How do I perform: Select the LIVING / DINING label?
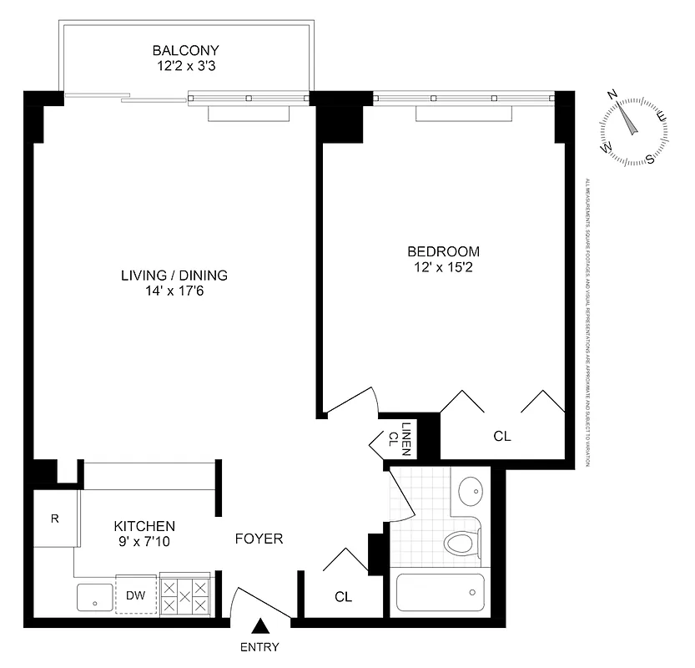pyautogui.click(x=174, y=276)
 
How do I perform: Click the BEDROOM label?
pyautogui.click(x=443, y=251)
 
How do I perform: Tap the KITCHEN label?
pyautogui.click(x=144, y=526)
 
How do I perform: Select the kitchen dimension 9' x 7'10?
pyautogui.click(x=144, y=541)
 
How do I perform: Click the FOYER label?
pyautogui.click(x=259, y=539)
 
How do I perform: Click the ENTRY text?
pyautogui.click(x=259, y=647)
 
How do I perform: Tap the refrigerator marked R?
pyautogui.click(x=55, y=519)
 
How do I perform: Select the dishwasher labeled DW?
pyautogui.click(x=135, y=595)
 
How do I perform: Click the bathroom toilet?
pyautogui.click(x=461, y=543)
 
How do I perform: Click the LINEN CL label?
pyautogui.click(x=399, y=437)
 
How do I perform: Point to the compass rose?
pyautogui.click(x=634, y=125)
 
